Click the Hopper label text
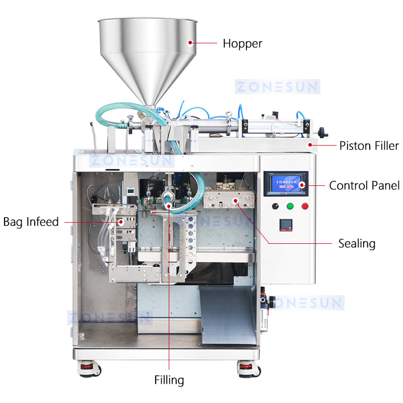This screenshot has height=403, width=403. (x=242, y=44)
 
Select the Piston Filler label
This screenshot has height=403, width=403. (x=369, y=146)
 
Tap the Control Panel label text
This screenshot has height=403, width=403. (x=364, y=185)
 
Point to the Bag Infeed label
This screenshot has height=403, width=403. (x=31, y=222)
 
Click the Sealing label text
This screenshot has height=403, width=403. (x=357, y=244)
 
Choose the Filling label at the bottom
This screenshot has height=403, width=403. (x=169, y=380)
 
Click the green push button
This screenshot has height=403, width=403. (x=290, y=206)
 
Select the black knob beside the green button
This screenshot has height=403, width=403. (x=275, y=206)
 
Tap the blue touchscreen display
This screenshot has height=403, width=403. (x=286, y=183)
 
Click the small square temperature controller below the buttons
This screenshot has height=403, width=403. (x=286, y=225)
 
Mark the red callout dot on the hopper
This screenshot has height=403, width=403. (x=190, y=42)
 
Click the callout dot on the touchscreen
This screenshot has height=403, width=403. (x=302, y=185)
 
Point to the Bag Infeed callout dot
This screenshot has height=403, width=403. (x=121, y=222)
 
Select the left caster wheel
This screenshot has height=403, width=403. (x=90, y=369)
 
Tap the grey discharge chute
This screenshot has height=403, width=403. (x=228, y=315)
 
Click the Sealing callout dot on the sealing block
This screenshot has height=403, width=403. (x=235, y=200)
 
